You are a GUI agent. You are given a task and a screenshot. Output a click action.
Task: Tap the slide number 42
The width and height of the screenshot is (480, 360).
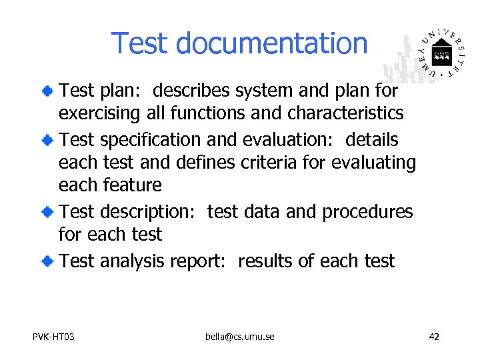[434, 337]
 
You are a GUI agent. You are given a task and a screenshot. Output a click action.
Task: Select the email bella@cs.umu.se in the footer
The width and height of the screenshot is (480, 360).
[239, 337]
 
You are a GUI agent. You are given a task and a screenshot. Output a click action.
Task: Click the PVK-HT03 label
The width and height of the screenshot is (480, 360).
[53, 337]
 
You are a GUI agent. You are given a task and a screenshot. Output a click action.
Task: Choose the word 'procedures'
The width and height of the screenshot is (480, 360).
[367, 213]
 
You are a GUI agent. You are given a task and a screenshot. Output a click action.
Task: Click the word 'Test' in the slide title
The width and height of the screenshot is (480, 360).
[139, 43]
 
